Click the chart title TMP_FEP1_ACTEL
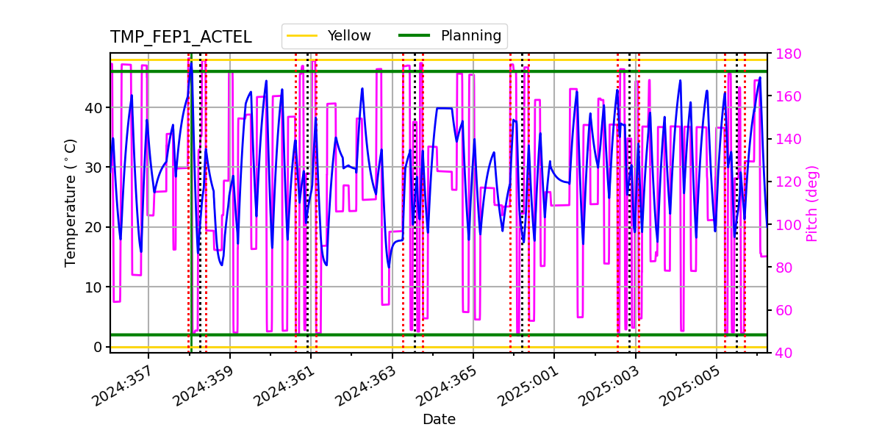click(181, 37)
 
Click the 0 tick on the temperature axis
click(98, 347)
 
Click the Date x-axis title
click(439, 420)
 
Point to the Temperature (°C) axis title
click(71, 202)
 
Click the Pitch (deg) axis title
click(812, 203)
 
